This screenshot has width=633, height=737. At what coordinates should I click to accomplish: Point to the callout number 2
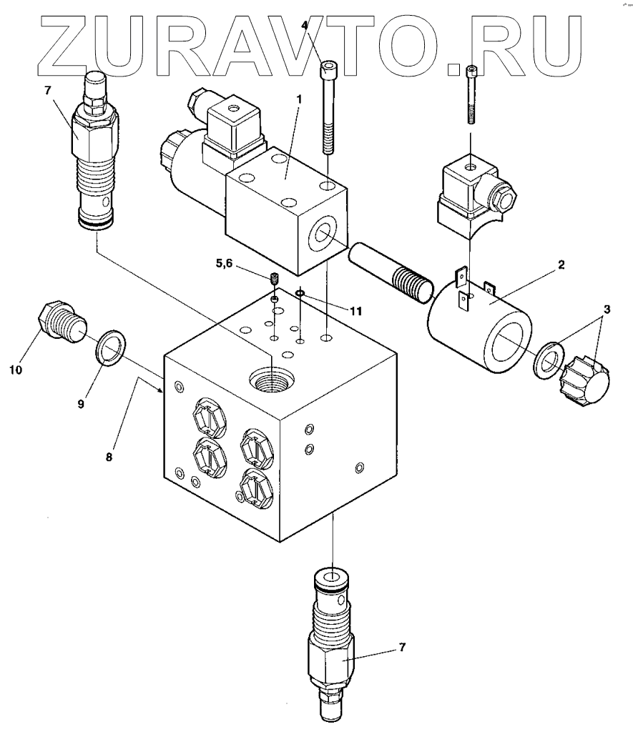(561, 264)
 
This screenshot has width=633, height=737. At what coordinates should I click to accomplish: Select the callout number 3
(606, 310)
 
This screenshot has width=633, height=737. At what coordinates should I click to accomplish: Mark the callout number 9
(81, 403)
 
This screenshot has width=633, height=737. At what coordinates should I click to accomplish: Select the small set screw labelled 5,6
(275, 279)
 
